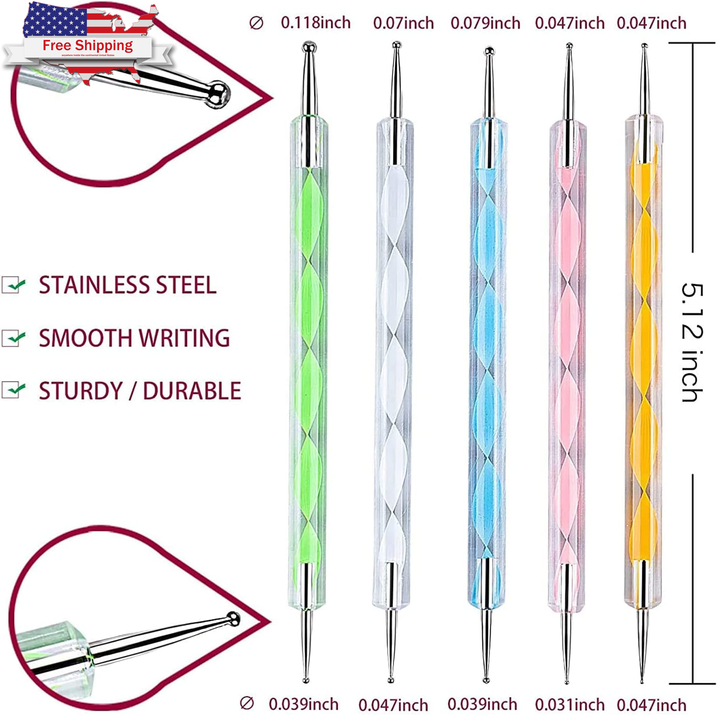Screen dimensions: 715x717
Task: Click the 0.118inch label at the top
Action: click(315, 23)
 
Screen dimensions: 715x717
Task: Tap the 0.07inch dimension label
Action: click(403, 23)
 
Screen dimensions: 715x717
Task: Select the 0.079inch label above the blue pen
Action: click(485, 23)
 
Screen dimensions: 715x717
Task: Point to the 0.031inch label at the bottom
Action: click(569, 704)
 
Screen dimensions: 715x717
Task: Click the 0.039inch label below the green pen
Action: click(303, 704)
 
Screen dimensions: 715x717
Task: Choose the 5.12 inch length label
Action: click(692, 343)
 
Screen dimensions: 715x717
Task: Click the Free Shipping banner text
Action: click(88, 45)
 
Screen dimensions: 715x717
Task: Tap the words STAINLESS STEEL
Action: click(127, 285)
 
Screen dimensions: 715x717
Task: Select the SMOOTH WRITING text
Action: click(134, 338)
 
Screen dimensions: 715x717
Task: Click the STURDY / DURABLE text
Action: click(140, 391)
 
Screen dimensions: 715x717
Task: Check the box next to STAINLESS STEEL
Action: click(13, 285)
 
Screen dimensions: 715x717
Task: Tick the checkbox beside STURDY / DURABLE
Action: click(13, 390)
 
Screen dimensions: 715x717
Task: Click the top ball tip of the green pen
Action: click(309, 47)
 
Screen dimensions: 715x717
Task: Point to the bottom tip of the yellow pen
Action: click(642, 681)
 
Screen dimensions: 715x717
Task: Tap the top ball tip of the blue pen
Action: click(489, 50)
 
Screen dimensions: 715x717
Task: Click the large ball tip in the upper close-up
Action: click(218, 93)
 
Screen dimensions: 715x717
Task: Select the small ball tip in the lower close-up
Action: click(233, 618)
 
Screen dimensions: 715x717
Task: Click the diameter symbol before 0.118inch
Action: click(256, 23)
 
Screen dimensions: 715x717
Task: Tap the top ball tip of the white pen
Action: click(396, 45)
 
